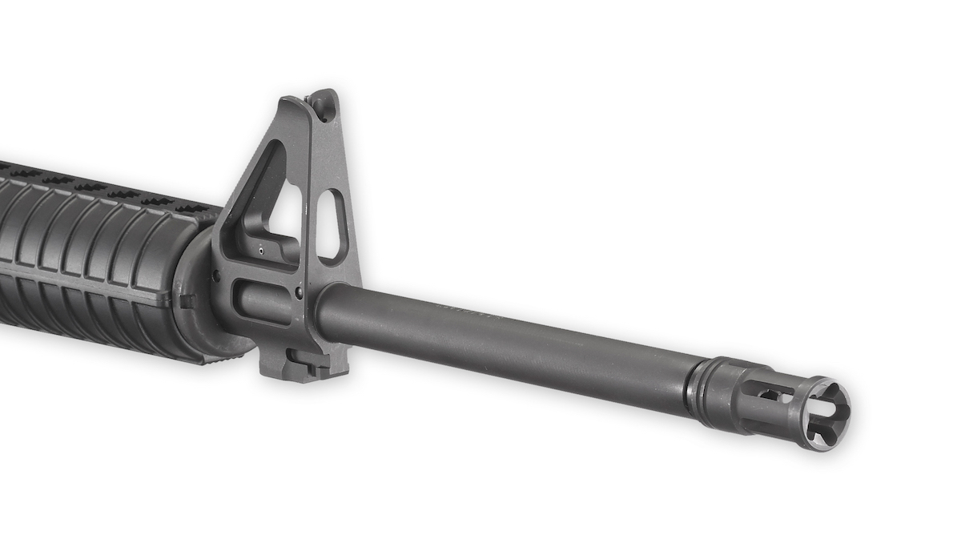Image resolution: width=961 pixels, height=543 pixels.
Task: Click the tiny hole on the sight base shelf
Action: pos(261,250)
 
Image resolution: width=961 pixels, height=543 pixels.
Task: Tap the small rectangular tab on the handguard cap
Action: pos(186,301)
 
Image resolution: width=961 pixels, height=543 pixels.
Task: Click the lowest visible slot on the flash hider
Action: pos(789,428)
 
